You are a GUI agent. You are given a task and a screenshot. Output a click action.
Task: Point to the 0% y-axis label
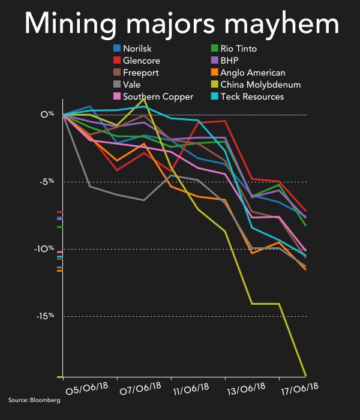point(48,114)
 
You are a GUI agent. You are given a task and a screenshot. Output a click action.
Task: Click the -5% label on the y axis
point(47,181)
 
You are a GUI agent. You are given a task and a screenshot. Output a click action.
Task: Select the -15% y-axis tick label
point(46,316)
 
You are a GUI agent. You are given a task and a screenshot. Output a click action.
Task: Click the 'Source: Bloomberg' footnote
point(34,400)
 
